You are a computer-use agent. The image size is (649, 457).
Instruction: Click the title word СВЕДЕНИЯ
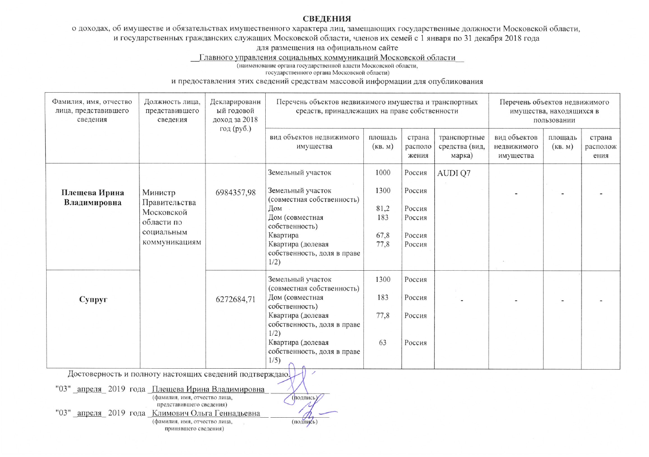(326, 19)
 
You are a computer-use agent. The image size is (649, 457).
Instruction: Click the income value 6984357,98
(236, 193)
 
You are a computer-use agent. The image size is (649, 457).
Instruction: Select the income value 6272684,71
(236, 299)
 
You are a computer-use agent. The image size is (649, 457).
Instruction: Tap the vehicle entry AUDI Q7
(454, 173)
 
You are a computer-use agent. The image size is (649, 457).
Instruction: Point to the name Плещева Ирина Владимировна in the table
(92, 198)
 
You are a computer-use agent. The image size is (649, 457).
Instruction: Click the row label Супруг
(93, 299)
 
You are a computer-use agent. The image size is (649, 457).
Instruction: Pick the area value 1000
(383, 173)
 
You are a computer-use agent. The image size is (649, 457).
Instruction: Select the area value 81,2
(383, 209)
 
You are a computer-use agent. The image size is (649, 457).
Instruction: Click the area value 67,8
(383, 235)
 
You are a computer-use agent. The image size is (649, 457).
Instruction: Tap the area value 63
(383, 343)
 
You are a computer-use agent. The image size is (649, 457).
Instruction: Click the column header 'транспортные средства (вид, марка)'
(461, 147)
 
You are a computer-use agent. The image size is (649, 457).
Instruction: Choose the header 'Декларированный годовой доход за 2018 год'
(236, 115)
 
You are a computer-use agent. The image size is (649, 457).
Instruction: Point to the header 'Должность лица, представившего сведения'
(172, 111)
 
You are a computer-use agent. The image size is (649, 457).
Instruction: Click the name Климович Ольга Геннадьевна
(206, 413)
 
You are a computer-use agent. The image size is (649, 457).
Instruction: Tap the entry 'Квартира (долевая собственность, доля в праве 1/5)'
(314, 351)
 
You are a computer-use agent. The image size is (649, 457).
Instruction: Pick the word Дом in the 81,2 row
(275, 209)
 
